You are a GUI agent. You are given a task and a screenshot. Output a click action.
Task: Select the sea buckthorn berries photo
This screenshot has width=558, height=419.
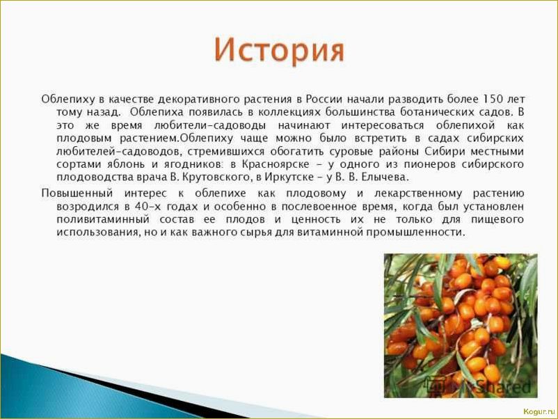(x=460, y=325)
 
